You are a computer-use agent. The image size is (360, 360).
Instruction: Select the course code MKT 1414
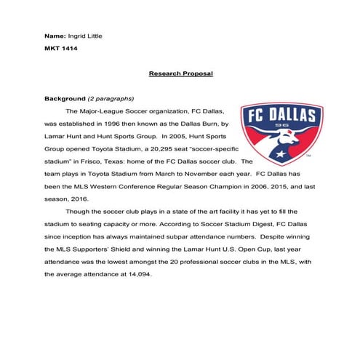click(61, 49)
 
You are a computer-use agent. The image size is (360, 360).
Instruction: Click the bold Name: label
click(55, 36)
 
